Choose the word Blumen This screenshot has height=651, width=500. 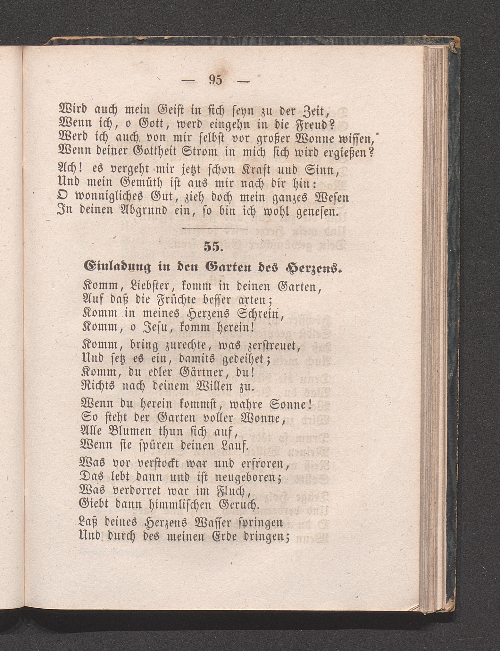click(x=135, y=433)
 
